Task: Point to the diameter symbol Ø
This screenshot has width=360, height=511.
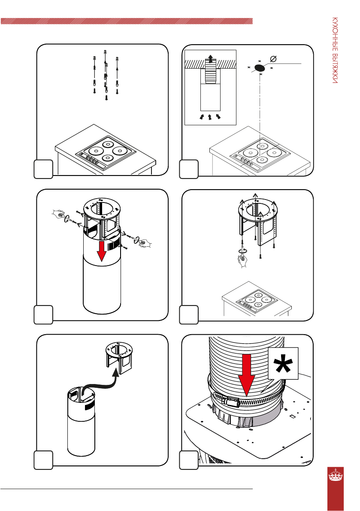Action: click(273, 58)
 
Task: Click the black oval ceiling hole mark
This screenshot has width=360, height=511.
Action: click(259, 67)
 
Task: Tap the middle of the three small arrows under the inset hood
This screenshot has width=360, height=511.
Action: click(210, 116)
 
